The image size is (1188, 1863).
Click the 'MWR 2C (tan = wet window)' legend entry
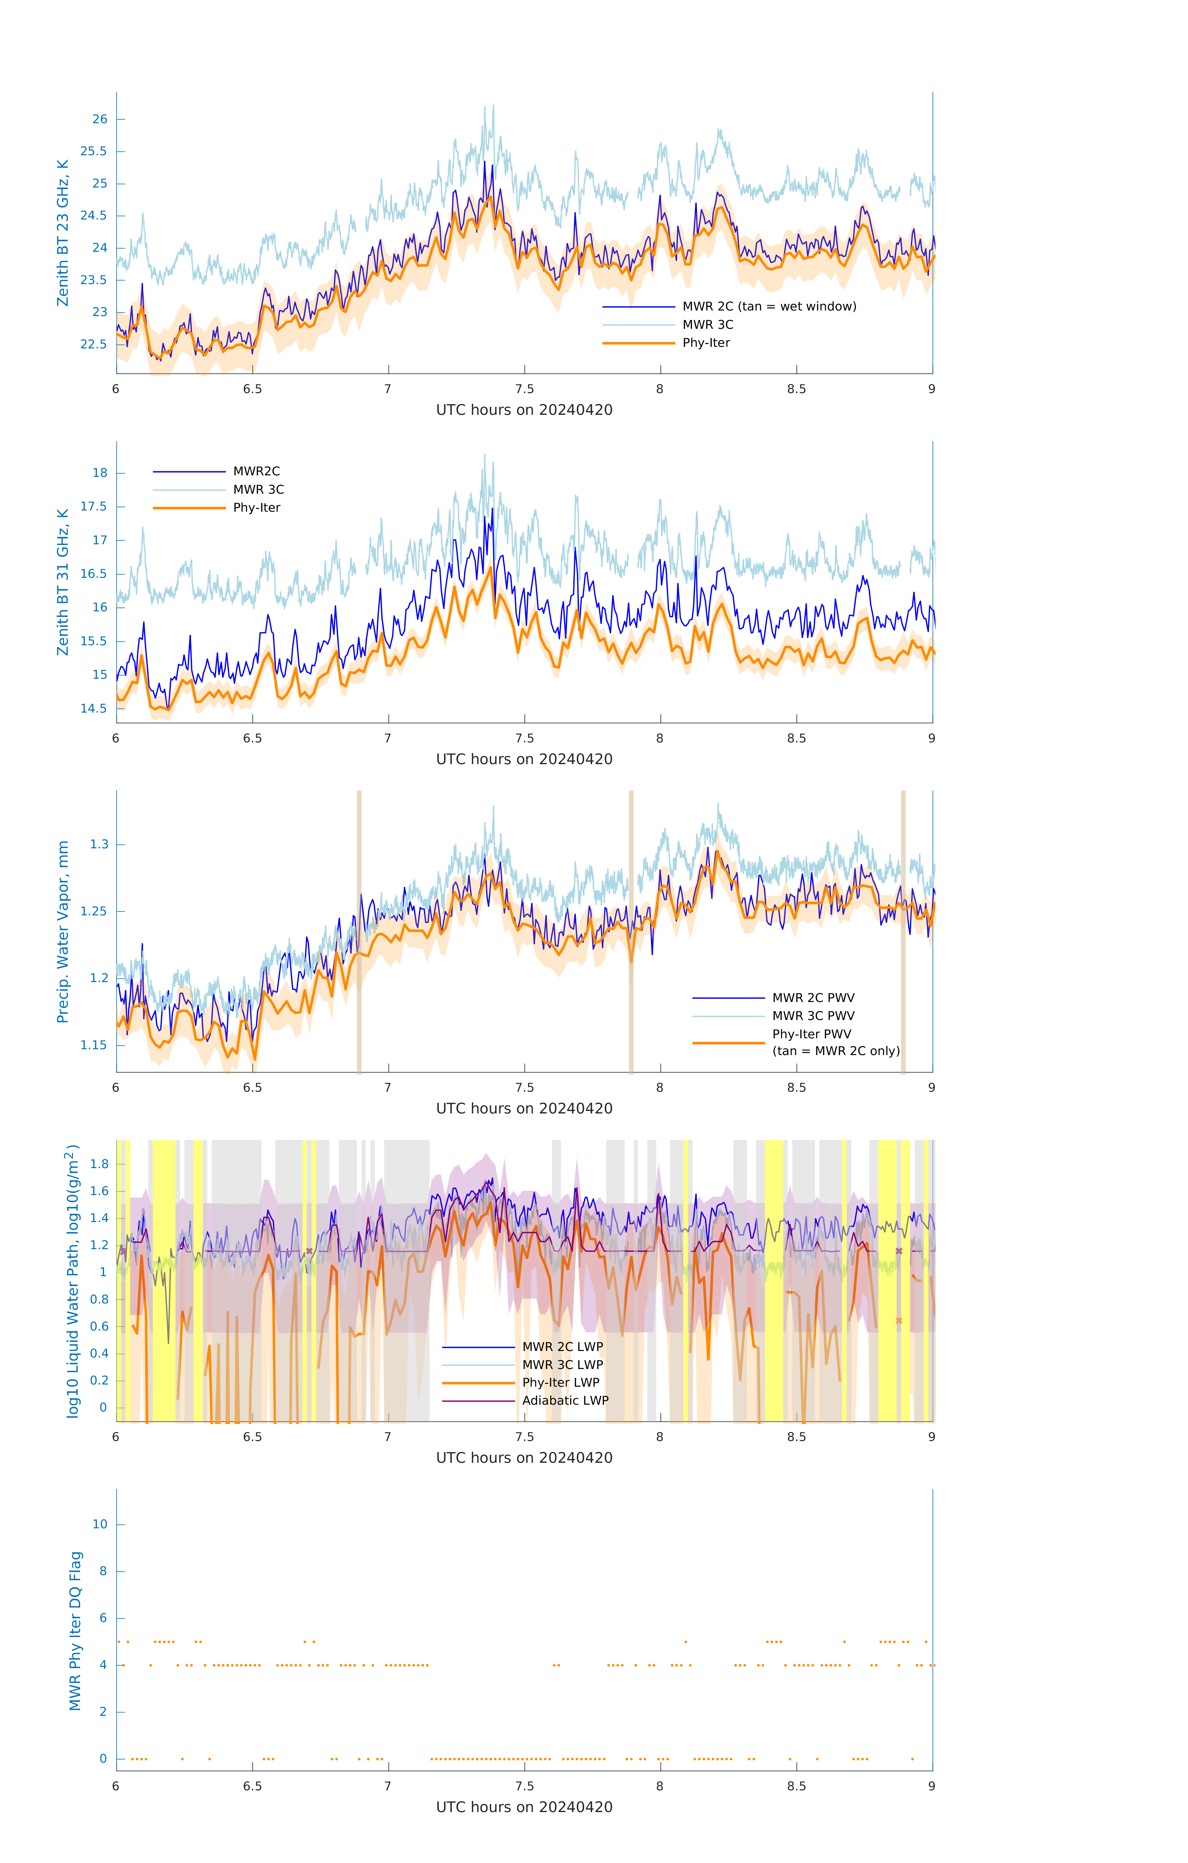[x=768, y=306]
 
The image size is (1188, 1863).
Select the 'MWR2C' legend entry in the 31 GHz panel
[x=256, y=471]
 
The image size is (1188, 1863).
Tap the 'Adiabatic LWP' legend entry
[x=565, y=1400]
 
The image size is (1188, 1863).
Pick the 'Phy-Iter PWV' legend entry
[x=811, y=1034]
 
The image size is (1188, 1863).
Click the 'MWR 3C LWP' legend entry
[x=563, y=1365]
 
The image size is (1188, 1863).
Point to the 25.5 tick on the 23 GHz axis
[x=94, y=152]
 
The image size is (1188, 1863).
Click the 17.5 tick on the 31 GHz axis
[x=94, y=507]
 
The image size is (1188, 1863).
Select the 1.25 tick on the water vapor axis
[x=94, y=911]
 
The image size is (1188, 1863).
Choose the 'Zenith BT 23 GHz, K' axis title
[x=63, y=233]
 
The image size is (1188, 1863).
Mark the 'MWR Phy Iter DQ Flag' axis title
[x=75, y=1630]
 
